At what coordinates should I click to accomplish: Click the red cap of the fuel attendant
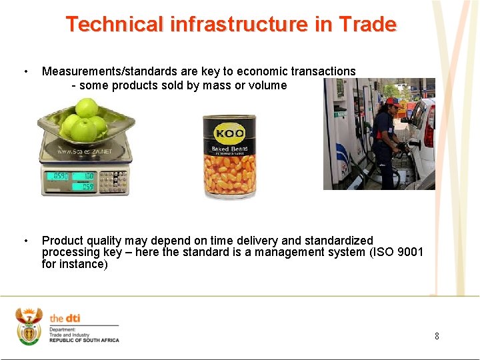tap(391, 102)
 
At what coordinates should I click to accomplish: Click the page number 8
tap(437, 336)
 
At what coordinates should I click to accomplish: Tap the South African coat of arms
tap(29, 326)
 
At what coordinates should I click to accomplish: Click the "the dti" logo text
tap(65, 318)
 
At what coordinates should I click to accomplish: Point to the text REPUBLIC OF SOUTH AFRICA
tap(84, 340)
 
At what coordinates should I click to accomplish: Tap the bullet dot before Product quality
tap(25, 241)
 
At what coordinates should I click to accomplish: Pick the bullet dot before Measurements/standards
tap(25, 71)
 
